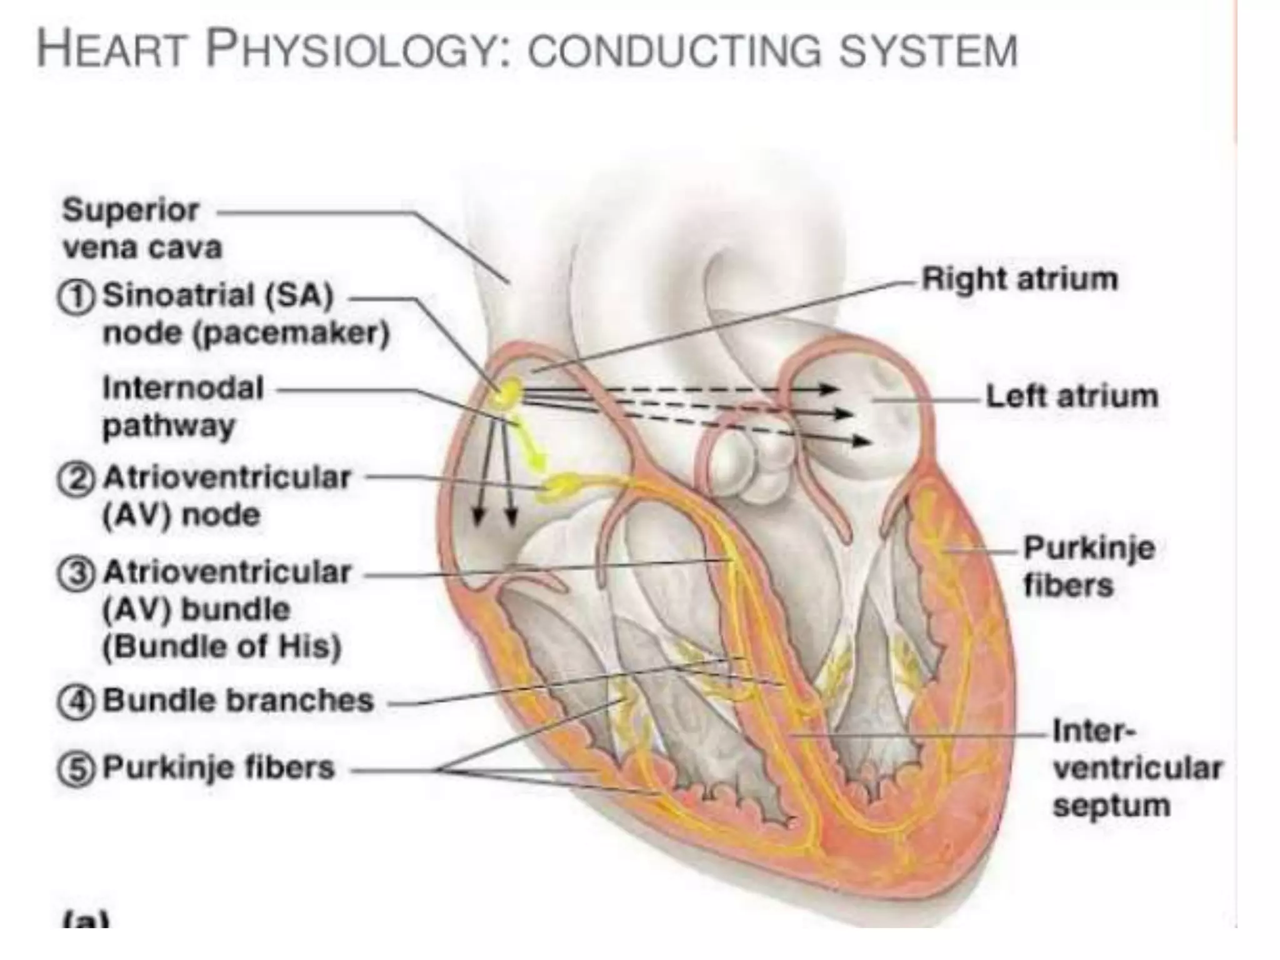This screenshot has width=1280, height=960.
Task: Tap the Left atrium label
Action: click(x=1072, y=396)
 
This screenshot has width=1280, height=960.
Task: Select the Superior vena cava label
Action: click(x=142, y=229)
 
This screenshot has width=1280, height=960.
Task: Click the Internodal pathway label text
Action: click(x=183, y=407)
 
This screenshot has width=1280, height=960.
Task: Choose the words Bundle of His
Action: click(x=222, y=646)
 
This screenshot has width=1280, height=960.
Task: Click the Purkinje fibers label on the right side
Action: click(x=1089, y=567)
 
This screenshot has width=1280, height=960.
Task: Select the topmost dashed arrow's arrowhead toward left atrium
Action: click(x=829, y=389)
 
